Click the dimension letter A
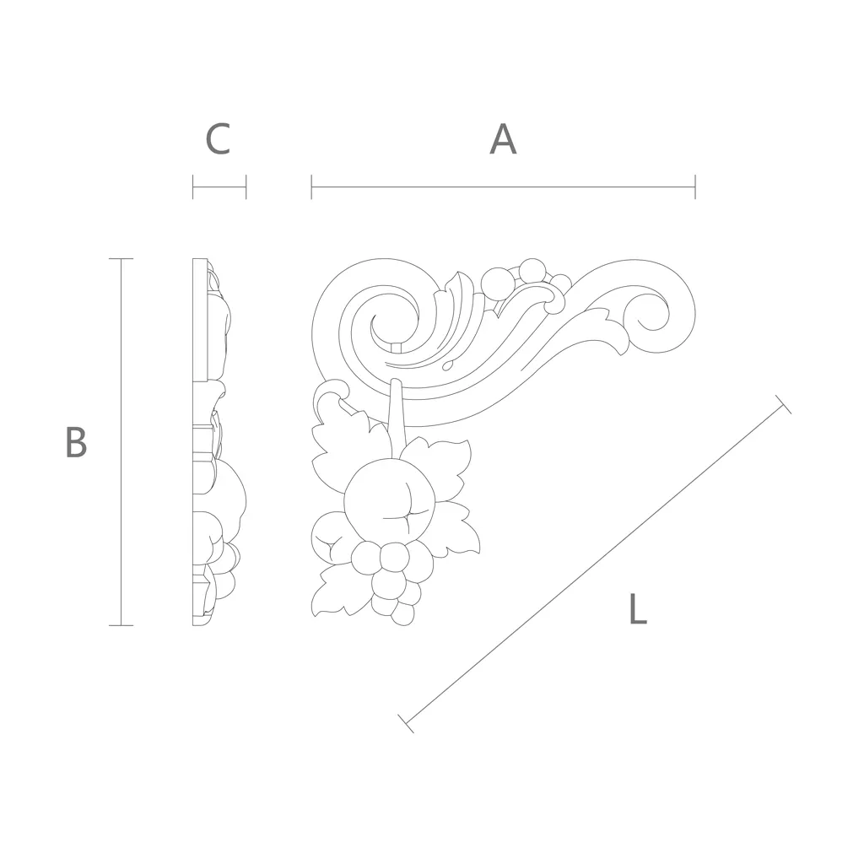coord(503,139)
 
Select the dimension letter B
coord(76,442)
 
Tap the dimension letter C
coord(218,139)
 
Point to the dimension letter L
coord(638,608)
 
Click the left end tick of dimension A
coord(312,186)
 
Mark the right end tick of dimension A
coord(695,186)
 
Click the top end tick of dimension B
coord(121,258)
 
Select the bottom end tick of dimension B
coord(121,625)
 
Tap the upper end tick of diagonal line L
coord(783,404)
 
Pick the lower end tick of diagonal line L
coord(406,723)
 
